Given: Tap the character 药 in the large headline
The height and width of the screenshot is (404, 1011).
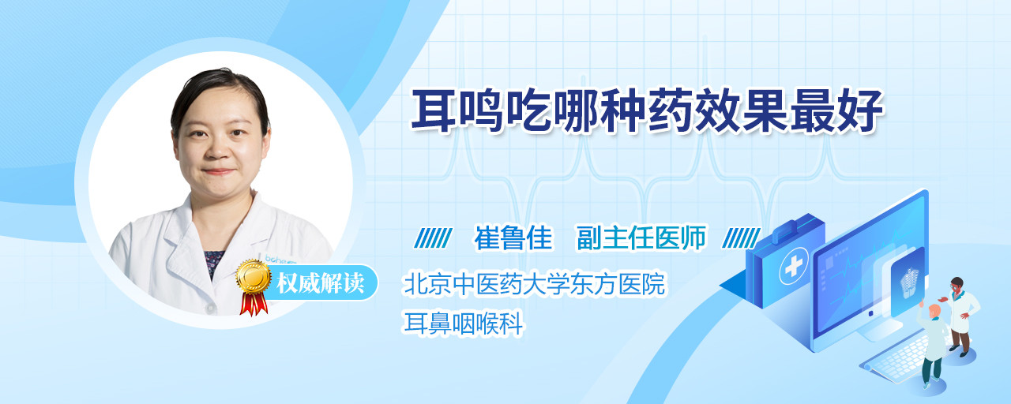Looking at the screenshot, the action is [671, 111].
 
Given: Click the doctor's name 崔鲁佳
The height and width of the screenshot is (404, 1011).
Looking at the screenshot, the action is [513, 238].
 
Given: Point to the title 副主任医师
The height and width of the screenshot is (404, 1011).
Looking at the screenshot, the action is [641, 238].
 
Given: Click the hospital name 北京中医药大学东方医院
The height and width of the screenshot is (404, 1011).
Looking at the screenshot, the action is [535, 283].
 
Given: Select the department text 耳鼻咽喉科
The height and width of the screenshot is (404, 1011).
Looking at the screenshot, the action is [463, 324].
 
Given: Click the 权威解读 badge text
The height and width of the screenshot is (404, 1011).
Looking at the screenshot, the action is [321, 282].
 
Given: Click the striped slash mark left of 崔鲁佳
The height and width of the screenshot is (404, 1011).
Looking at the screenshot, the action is [433, 238].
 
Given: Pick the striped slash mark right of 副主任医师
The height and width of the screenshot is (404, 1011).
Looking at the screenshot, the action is [741, 238].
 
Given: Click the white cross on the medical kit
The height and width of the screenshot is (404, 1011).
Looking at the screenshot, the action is [794, 267].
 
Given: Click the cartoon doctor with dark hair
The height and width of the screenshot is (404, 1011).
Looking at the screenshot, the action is [960, 316].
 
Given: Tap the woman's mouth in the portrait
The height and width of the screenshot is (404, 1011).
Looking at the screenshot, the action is [219, 171].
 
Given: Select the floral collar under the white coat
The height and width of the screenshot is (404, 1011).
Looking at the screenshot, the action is [213, 264].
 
